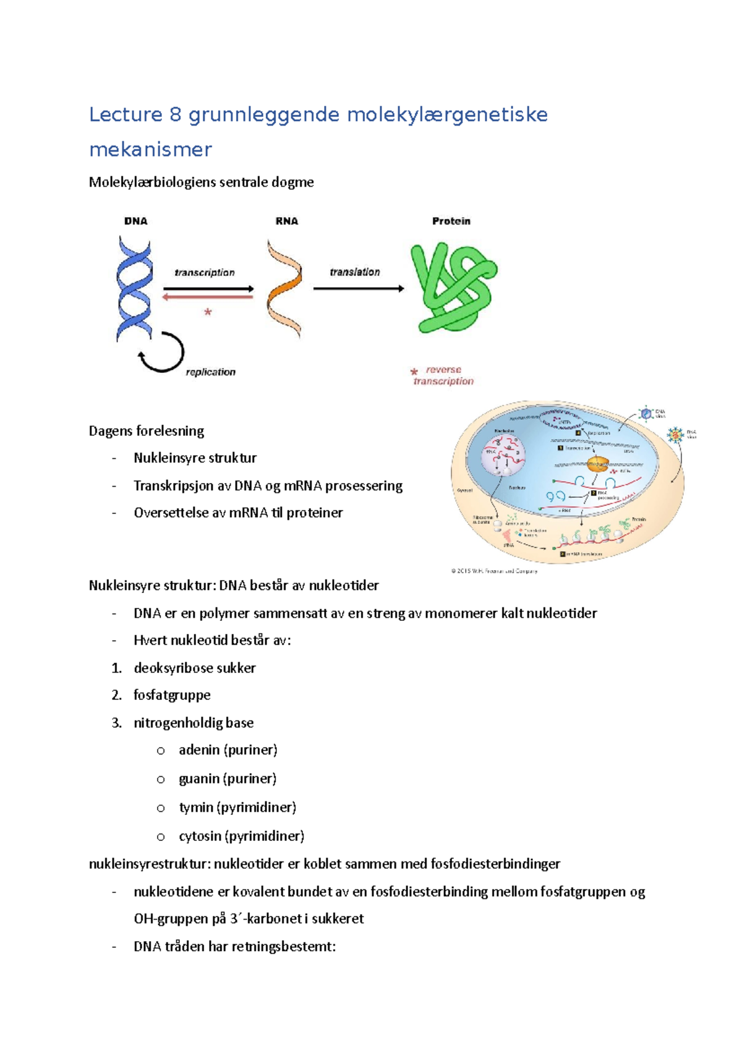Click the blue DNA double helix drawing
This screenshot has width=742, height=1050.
click(x=134, y=288)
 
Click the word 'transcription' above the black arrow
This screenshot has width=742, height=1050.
click(x=205, y=273)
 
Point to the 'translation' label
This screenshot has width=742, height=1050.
click(x=355, y=272)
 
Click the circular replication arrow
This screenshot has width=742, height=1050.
click(x=162, y=353)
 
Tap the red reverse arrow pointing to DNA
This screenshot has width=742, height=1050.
click(x=208, y=297)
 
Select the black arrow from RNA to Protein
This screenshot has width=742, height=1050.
click(x=359, y=289)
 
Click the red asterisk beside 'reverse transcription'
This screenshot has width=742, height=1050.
click(x=414, y=372)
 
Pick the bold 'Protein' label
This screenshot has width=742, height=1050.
click(x=451, y=221)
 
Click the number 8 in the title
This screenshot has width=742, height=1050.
click(x=175, y=115)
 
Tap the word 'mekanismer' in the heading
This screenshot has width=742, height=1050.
click(x=150, y=150)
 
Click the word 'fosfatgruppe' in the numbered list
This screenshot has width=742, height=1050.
click(x=172, y=695)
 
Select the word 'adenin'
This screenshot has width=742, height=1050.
click(x=199, y=750)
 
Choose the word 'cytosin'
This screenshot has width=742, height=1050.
click(x=200, y=836)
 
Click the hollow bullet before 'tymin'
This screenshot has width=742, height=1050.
click(x=161, y=808)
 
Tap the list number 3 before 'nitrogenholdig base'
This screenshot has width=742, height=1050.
click(x=116, y=723)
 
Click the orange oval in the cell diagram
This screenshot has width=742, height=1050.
click(x=597, y=464)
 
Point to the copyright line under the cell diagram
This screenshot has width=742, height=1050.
click(x=494, y=571)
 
